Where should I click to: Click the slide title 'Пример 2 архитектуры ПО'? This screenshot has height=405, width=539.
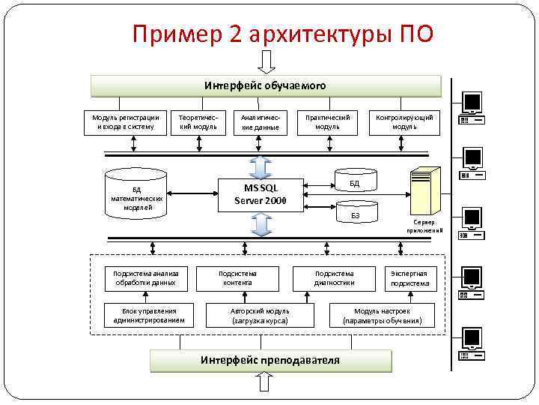[281, 34]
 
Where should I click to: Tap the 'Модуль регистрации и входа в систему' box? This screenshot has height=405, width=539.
[125, 121]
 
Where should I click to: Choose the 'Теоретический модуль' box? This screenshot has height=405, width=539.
[198, 121]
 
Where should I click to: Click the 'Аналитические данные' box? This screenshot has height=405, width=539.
[261, 122]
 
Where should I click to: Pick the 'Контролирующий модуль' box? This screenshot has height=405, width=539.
[404, 121]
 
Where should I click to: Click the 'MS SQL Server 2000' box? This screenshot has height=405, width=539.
[260, 194]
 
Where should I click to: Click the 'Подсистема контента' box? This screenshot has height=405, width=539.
[237, 277]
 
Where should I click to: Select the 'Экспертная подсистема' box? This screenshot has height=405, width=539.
[409, 278]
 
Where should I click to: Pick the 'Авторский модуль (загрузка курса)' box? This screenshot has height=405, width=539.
[260, 316]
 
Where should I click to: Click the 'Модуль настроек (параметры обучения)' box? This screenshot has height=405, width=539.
[383, 316]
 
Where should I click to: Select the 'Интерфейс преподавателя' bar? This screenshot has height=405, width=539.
[270, 360]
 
